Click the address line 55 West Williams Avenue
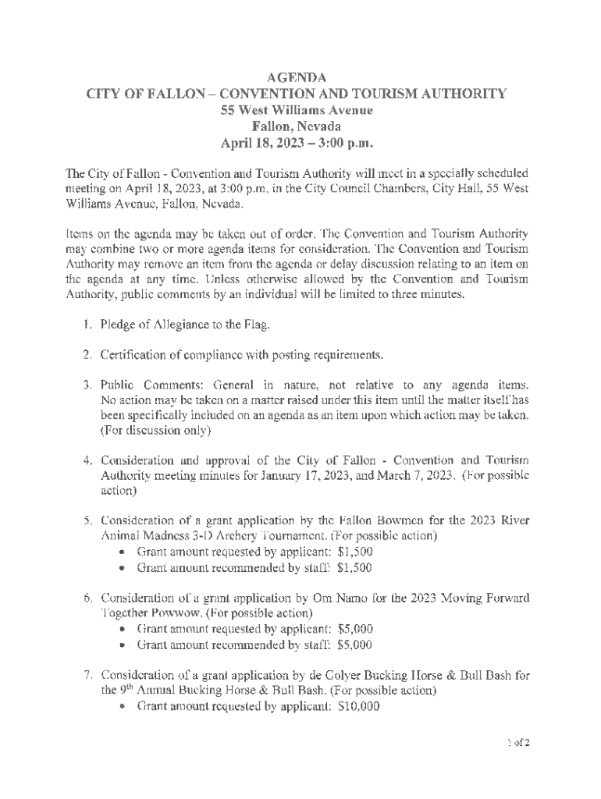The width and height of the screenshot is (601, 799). coord(297,110)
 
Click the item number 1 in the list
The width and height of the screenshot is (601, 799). coord(88,325)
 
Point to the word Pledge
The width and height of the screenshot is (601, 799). coord(119,325)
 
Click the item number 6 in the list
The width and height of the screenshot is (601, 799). coord(88,598)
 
